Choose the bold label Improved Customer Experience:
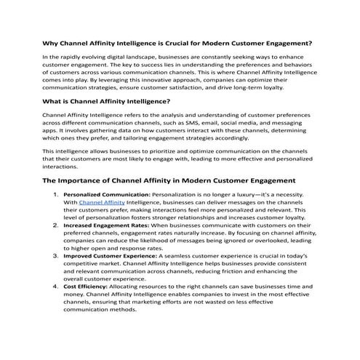110,257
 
